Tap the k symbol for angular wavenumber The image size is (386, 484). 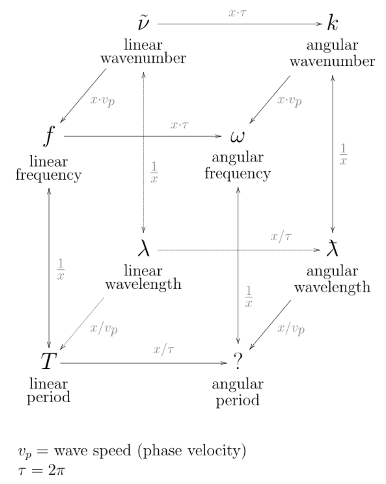coord(332,24)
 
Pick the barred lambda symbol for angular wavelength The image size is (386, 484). coord(332,250)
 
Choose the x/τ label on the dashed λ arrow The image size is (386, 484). coord(281,237)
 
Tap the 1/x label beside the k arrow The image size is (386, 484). coord(343,154)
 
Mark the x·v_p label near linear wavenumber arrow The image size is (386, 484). coord(102,101)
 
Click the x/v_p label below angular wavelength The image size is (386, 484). coord(291,329)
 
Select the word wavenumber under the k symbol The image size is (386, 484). coord(332,62)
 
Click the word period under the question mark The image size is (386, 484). coord(237,400)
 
